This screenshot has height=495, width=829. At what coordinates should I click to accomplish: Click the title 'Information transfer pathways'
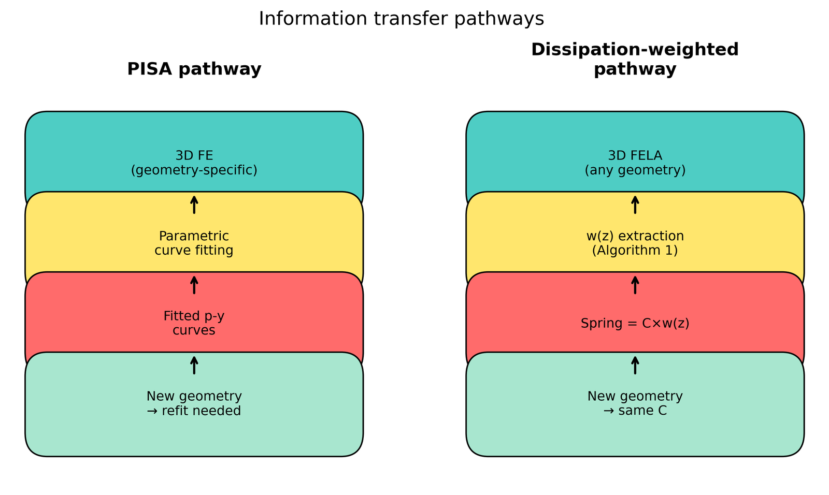401,19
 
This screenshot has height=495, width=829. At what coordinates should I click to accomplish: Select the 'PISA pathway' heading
194,69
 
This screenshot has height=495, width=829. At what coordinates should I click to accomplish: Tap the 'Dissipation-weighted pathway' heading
635,59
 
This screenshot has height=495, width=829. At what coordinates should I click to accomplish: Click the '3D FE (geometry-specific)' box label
194,163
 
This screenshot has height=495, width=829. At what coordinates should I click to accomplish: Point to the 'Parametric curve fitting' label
194,243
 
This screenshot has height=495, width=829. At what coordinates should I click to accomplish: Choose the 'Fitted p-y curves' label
194,323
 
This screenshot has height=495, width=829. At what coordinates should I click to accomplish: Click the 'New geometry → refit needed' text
194,403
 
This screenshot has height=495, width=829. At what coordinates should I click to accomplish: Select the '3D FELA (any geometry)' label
635,163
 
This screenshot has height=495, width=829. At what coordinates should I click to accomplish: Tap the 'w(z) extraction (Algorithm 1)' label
635,243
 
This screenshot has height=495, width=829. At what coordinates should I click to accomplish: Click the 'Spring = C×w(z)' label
635,323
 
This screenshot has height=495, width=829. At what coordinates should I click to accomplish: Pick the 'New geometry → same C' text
635,403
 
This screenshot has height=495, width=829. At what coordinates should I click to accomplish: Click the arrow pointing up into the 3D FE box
194,205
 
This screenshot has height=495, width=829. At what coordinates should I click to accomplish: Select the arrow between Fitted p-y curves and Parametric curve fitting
194,285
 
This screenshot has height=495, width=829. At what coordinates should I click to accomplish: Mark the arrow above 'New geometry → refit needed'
194,365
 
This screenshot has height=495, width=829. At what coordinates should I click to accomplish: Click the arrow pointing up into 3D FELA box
635,205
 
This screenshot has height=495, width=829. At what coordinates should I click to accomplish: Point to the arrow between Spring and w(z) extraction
635,285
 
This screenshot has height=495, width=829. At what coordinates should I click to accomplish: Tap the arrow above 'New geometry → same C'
635,365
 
